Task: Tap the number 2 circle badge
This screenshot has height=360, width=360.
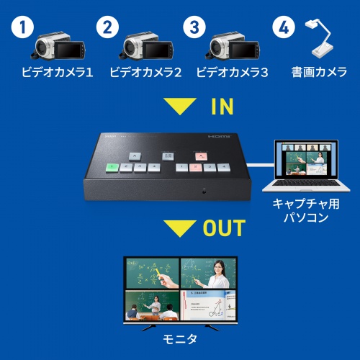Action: (108, 30)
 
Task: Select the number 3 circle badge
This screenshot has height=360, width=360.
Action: (194, 30)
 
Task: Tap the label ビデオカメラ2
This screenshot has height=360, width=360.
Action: (145, 72)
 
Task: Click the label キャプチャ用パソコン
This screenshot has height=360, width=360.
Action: (300, 210)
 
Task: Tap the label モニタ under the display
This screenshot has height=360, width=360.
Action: (180, 338)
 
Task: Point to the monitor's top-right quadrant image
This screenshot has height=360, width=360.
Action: (207, 273)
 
